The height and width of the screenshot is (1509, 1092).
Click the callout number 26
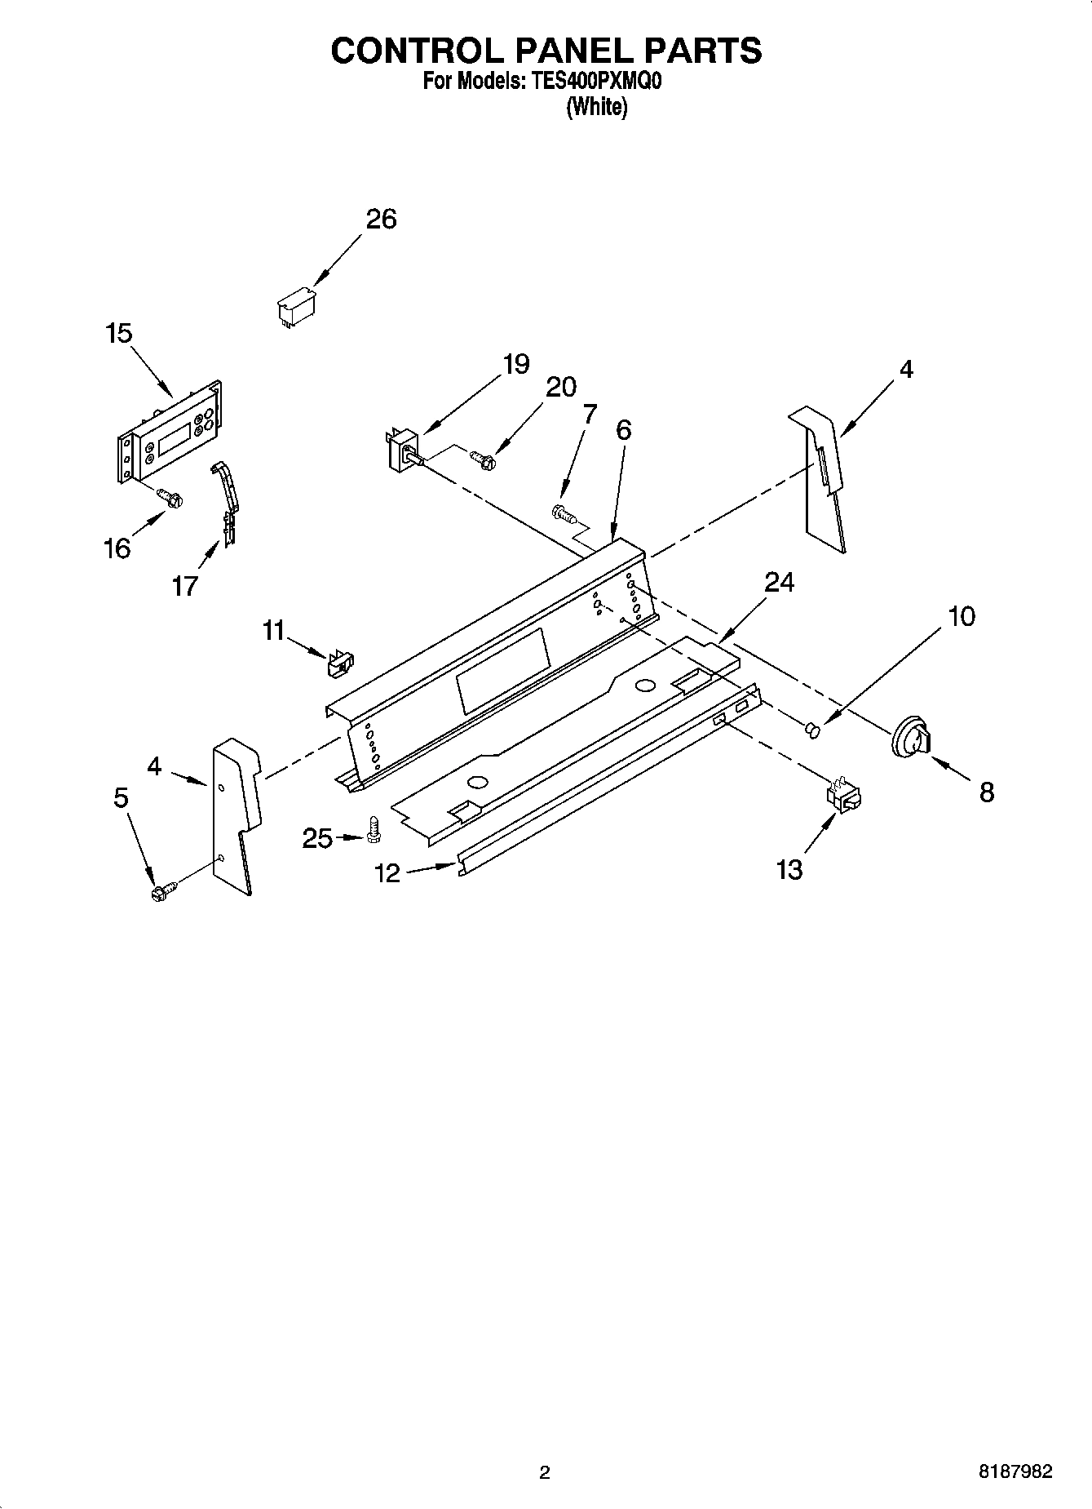pyautogui.click(x=381, y=219)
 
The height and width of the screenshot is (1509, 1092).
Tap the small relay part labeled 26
pyautogui.click(x=295, y=306)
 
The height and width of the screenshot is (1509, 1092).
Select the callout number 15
pyautogui.click(x=118, y=333)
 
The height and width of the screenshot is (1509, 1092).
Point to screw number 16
pyautogui.click(x=171, y=497)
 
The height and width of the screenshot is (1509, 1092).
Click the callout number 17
pyautogui.click(x=185, y=585)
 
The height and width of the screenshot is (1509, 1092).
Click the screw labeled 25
pyautogui.click(x=374, y=830)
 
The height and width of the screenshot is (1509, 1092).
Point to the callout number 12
pyautogui.click(x=387, y=873)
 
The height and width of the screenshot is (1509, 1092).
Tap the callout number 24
pyautogui.click(x=779, y=582)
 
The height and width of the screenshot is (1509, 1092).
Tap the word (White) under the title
pyautogui.click(x=597, y=106)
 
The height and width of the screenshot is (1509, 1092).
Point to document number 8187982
pyautogui.click(x=1015, y=1471)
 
